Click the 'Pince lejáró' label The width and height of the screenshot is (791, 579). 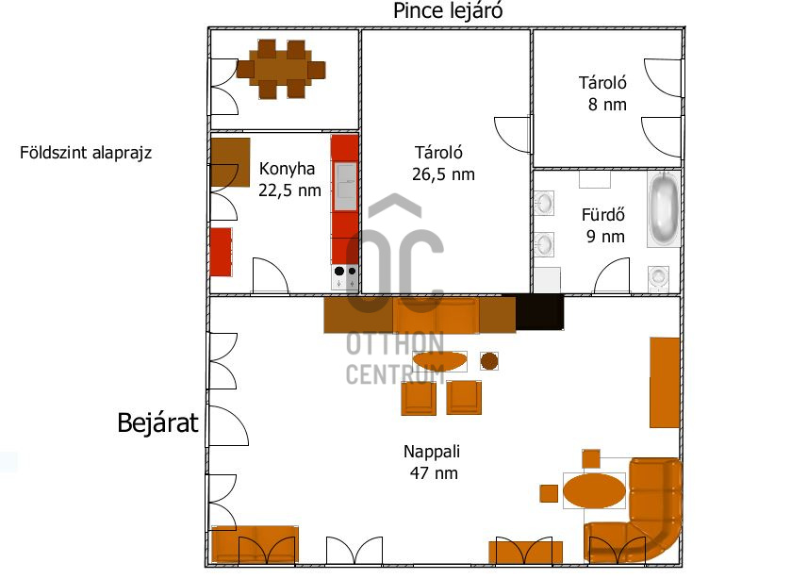point(448,11)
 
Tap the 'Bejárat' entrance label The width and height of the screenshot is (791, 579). point(157,422)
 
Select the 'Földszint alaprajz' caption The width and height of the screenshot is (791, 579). point(85,153)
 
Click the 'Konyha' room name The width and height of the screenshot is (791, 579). point(287,169)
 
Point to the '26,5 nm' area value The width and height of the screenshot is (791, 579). point(443,174)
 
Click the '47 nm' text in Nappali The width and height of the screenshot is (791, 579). point(434,473)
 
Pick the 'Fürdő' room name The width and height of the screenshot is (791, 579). point(603,215)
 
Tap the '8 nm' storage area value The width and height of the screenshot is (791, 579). point(607,105)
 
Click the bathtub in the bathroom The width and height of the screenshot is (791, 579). point(664,209)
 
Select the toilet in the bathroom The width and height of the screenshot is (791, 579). point(658,277)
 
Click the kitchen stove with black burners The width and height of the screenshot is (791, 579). point(344,276)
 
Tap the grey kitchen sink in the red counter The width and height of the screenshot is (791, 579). point(345,187)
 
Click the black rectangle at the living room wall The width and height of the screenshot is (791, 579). point(539,312)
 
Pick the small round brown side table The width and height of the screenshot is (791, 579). point(489,361)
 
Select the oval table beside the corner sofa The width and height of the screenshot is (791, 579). point(594,490)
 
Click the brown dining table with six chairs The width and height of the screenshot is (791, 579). point(281,69)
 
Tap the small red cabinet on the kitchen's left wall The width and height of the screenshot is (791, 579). point(221,253)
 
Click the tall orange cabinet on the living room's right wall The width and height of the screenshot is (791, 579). point(665,383)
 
